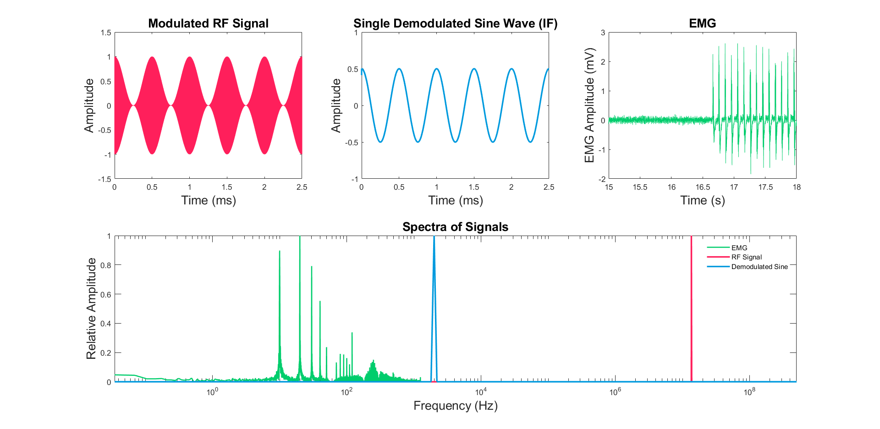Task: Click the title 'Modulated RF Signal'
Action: pyautogui.click(x=208, y=23)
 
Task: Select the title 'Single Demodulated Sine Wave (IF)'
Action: pyautogui.click(x=455, y=23)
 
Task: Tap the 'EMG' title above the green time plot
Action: pyautogui.click(x=702, y=23)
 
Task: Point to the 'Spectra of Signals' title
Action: pyautogui.click(x=455, y=227)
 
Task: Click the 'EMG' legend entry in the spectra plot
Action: pyautogui.click(x=739, y=248)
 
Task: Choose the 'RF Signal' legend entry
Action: pyautogui.click(x=746, y=257)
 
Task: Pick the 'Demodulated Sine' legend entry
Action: pyautogui.click(x=759, y=267)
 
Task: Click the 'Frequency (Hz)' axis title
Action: pyautogui.click(x=455, y=406)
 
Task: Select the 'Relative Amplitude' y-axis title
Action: pyautogui.click(x=91, y=308)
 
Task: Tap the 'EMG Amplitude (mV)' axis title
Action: pyautogui.click(x=589, y=105)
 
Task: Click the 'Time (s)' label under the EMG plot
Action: pyautogui.click(x=702, y=200)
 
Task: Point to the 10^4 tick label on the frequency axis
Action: pyautogui.click(x=480, y=392)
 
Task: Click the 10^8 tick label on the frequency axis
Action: pyautogui.click(x=749, y=392)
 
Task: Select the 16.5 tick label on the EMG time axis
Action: pyautogui.click(x=703, y=187)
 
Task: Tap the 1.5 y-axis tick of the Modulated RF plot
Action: pyautogui.click(x=106, y=33)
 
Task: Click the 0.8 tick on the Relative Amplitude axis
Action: pyautogui.click(x=106, y=265)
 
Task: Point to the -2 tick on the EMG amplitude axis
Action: pyautogui.click(x=602, y=179)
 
